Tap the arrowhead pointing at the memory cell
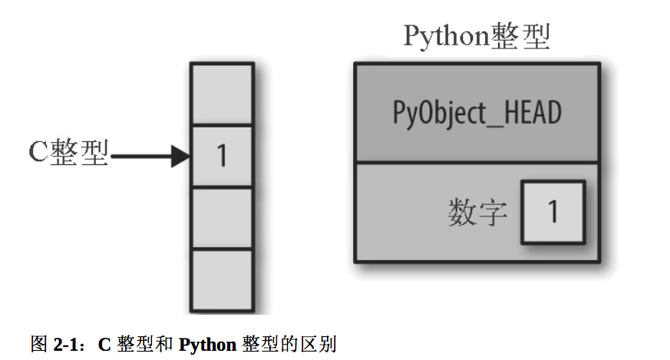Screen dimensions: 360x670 180,157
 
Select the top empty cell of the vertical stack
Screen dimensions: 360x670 222,94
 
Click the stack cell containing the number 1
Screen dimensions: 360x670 222,156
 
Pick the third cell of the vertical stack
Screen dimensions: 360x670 222,218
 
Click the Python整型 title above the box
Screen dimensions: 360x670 477,37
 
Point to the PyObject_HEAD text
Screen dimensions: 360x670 477,114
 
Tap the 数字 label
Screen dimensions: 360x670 477,213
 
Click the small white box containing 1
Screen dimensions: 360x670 553,211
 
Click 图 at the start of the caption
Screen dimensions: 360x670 39,343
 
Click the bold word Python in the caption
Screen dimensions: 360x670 207,344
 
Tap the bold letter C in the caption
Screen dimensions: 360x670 105,344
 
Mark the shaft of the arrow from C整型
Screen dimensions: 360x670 142,157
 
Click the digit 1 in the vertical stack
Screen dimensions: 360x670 222,156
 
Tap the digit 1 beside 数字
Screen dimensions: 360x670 553,211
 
